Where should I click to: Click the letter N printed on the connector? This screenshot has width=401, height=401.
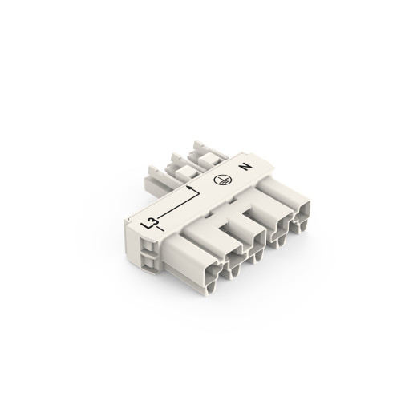tap(245, 170)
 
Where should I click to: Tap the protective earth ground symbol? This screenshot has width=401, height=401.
tap(218, 181)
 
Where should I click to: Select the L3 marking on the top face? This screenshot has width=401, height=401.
tap(149, 227)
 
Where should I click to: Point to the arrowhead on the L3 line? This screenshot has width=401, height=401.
tap(190, 189)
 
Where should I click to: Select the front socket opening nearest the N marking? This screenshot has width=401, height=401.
tap(306, 217)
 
